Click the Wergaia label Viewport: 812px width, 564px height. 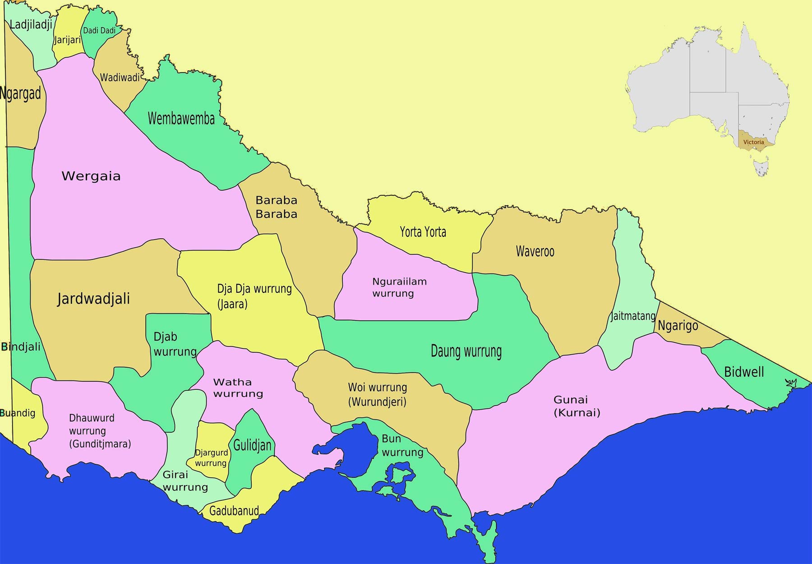[x=91, y=176]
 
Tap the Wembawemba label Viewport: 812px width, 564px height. [x=181, y=119]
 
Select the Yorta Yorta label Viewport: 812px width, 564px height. [x=423, y=232]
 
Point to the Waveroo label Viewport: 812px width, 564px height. [x=535, y=251]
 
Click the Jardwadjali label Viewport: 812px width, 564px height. [x=93, y=299]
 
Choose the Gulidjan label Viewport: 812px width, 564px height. [x=252, y=445]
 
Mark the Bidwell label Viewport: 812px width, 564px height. [x=744, y=372]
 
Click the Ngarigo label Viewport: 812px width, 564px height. [x=678, y=325]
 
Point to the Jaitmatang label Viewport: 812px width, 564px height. [x=632, y=316]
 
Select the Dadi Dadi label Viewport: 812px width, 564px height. [x=99, y=31]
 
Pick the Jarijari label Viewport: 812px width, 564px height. [x=67, y=40]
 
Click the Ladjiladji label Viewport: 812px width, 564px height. [x=31, y=24]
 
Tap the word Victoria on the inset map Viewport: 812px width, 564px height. [x=754, y=142]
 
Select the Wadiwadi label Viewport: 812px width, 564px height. [x=120, y=77]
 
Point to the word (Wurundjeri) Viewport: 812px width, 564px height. [x=377, y=402]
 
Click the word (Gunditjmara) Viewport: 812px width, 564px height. [x=100, y=444]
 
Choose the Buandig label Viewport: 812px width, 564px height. [x=18, y=413]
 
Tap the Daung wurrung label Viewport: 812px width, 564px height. [x=466, y=351]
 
